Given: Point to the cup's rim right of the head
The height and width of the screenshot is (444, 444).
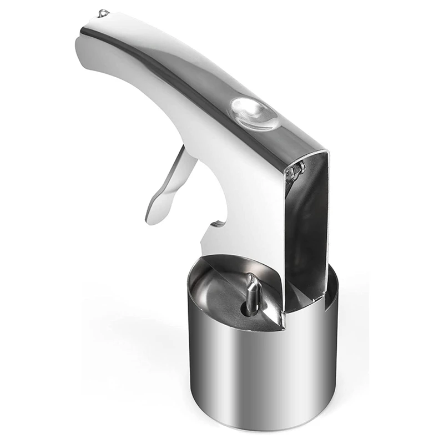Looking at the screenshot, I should tap(332, 277).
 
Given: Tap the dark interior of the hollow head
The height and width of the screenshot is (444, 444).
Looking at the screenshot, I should tap(311, 222).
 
